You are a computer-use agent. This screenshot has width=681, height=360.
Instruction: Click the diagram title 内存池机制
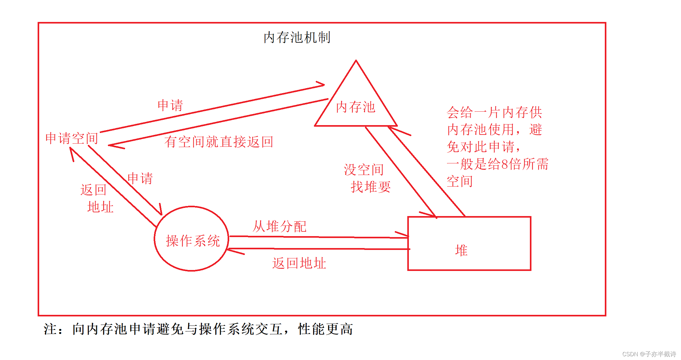(x=297, y=38)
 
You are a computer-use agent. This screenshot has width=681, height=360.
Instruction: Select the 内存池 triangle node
(x=356, y=107)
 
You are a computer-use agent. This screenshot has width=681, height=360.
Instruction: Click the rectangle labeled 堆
(x=469, y=243)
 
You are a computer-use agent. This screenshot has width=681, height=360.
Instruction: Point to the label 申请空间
(x=72, y=138)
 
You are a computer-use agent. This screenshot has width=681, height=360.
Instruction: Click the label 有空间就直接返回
(x=219, y=142)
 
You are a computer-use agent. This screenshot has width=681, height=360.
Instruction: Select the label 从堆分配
(x=279, y=226)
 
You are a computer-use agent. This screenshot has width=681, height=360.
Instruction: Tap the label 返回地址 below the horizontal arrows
(x=299, y=263)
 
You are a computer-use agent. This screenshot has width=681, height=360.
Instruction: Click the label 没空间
(x=364, y=170)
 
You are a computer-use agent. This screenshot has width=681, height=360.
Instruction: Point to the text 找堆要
(x=371, y=187)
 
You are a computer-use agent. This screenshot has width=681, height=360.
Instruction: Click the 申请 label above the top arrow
(x=170, y=105)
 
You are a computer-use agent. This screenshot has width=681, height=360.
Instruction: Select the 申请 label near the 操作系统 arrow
(x=140, y=178)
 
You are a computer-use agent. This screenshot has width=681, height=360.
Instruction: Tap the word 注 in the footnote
(x=50, y=329)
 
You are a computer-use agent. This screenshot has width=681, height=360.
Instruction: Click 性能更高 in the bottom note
(x=325, y=329)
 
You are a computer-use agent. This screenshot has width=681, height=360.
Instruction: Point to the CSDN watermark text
(x=649, y=354)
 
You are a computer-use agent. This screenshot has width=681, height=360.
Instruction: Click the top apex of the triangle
(x=356, y=61)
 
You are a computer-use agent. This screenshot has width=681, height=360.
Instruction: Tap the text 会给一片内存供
(x=494, y=112)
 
